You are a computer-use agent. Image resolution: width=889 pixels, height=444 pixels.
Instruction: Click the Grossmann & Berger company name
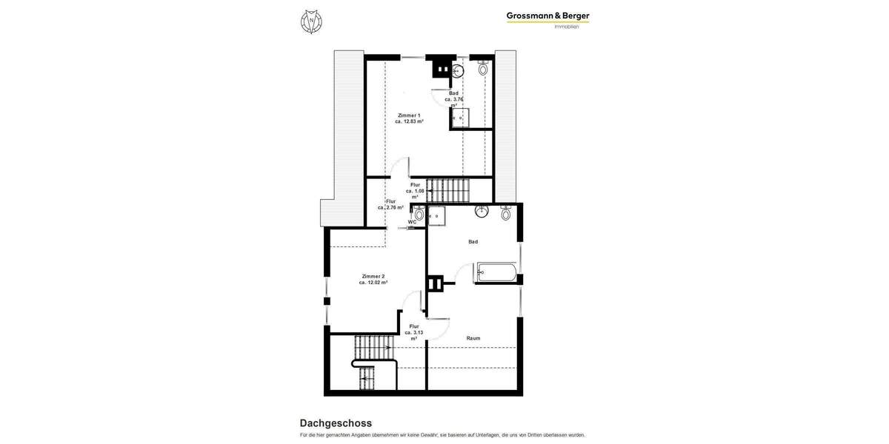[x=547, y=16]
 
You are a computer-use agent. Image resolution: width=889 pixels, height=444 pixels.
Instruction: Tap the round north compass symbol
[x=311, y=21]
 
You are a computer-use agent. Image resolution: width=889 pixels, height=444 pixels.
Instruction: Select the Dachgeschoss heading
[x=336, y=423]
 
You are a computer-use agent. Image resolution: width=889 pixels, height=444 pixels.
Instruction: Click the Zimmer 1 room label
[x=409, y=115]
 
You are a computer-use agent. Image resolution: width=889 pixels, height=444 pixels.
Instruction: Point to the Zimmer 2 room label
[x=373, y=276]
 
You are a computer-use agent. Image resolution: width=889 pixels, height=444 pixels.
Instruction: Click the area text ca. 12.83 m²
[x=409, y=121]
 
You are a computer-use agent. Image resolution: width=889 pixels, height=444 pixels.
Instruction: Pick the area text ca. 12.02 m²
[x=373, y=282]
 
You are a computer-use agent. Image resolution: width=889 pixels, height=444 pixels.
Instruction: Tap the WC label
[x=412, y=221]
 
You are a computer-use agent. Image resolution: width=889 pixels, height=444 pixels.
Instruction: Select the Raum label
[x=473, y=338]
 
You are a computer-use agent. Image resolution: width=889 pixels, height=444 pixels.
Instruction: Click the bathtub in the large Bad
[x=496, y=272]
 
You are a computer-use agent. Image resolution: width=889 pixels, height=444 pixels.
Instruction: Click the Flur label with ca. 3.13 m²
[x=414, y=326]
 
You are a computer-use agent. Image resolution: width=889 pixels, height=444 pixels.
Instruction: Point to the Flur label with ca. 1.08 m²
[x=415, y=185]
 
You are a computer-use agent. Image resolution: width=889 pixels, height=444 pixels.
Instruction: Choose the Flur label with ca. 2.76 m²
[x=390, y=201]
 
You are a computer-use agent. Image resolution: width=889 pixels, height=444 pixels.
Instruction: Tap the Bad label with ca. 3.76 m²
[x=453, y=93]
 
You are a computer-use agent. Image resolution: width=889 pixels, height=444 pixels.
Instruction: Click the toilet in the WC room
[x=419, y=215]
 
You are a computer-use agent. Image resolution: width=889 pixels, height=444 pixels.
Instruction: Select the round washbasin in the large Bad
[x=482, y=211]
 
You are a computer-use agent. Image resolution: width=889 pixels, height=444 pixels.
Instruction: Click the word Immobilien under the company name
[x=567, y=27]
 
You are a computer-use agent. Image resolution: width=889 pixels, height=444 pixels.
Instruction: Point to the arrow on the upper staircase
[x=431, y=191]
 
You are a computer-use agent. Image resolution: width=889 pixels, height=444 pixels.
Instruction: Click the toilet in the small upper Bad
[x=483, y=70]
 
